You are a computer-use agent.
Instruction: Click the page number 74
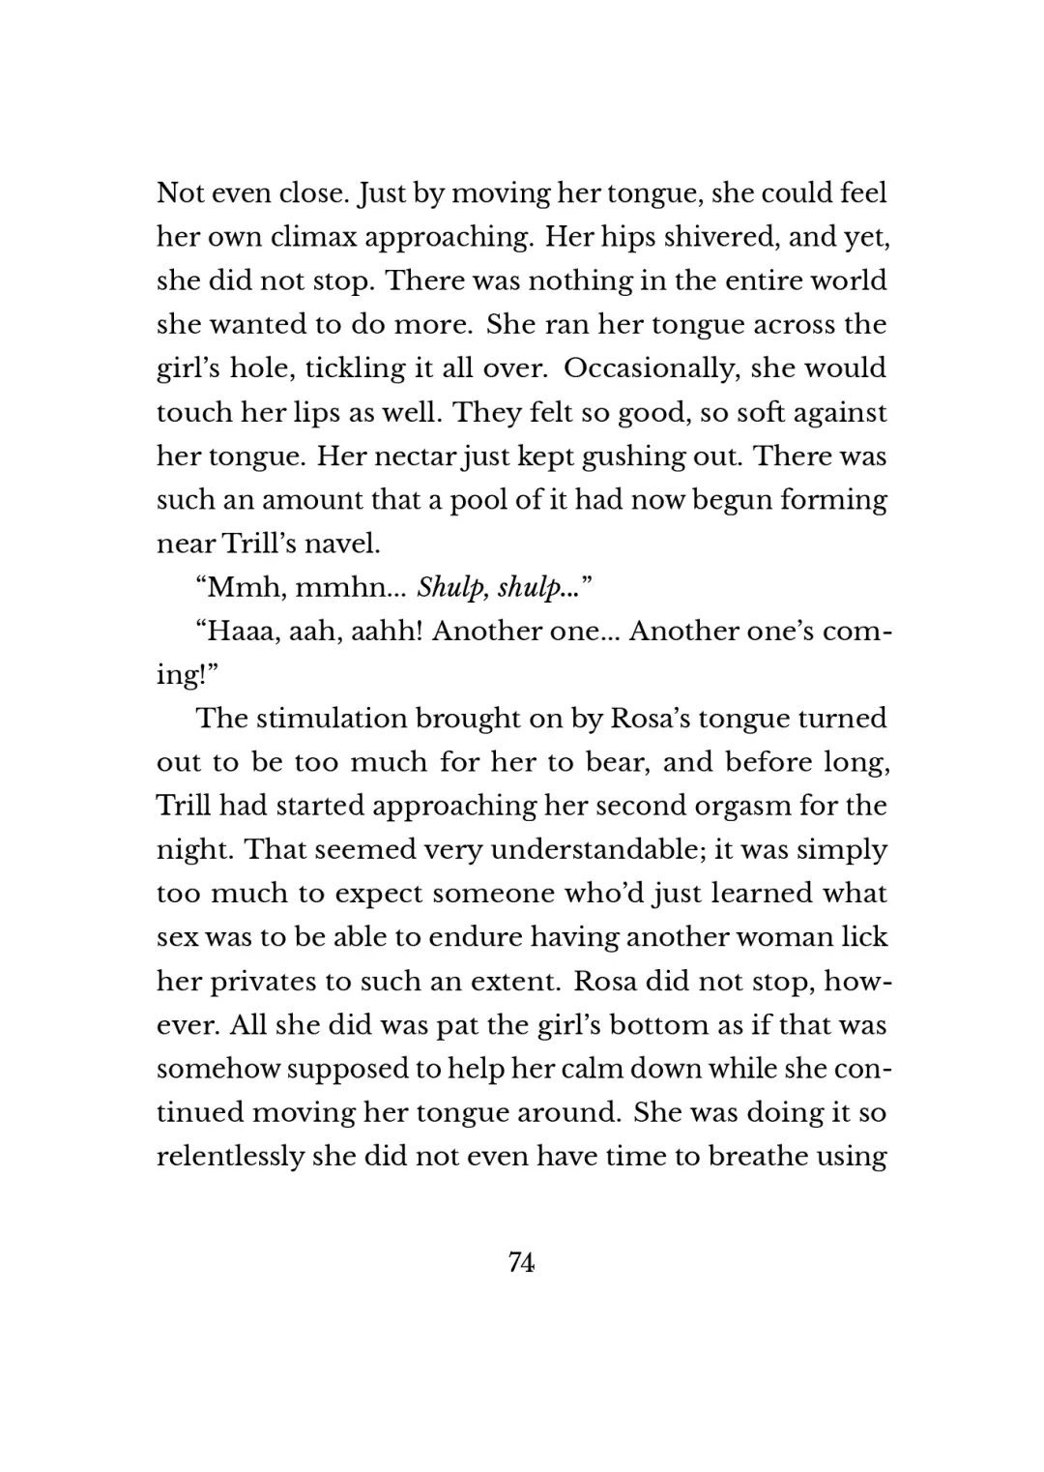pos(521,1262)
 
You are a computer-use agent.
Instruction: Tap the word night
pos(193,849)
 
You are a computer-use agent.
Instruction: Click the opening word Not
pos(181,193)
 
